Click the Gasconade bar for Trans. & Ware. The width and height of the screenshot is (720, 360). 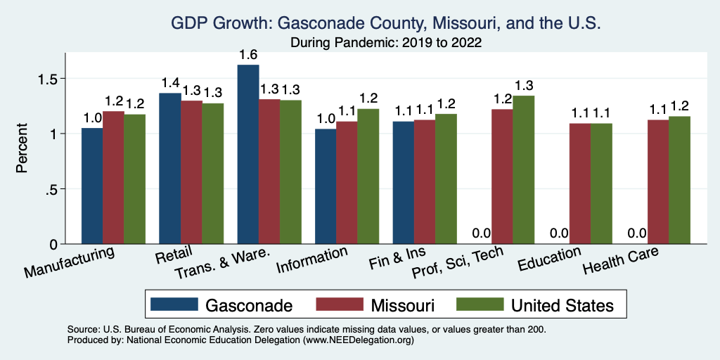coord(248,154)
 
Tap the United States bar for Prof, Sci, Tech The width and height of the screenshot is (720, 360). coord(523,169)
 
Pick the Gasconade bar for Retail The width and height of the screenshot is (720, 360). coord(170,168)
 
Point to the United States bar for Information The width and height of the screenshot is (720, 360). coord(368,176)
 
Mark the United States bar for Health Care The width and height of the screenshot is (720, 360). coord(679,180)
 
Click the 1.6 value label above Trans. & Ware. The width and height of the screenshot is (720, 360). coord(248,54)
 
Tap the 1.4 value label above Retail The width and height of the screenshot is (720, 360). coord(170,83)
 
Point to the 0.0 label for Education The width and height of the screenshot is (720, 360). coord(559,233)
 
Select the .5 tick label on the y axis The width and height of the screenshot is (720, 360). coord(53,188)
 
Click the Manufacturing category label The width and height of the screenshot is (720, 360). coord(70,261)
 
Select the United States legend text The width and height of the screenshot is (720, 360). coord(562,305)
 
